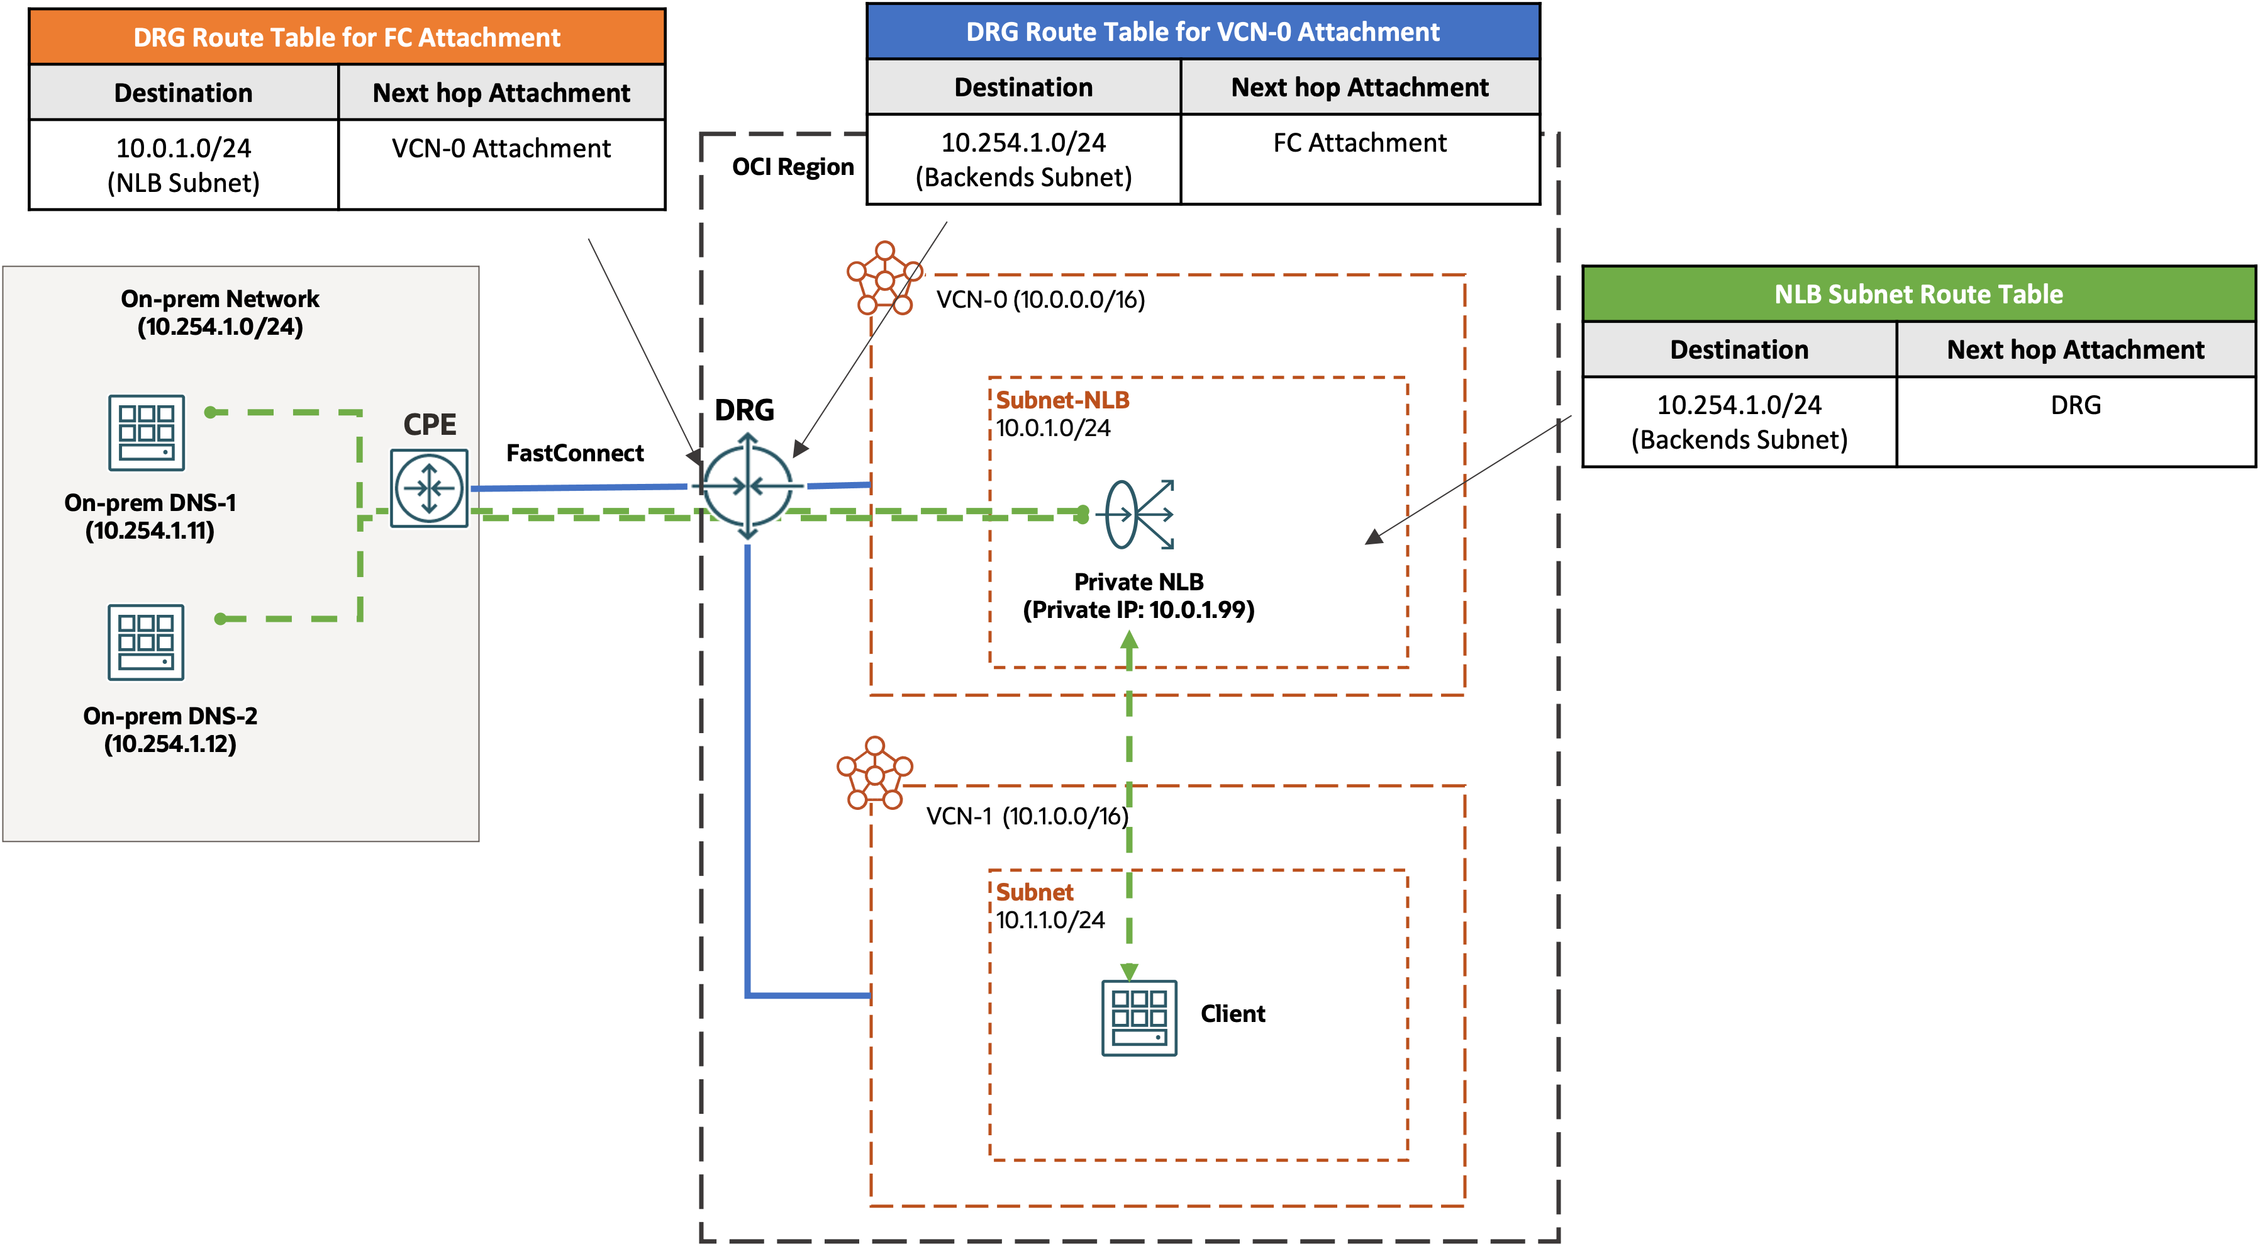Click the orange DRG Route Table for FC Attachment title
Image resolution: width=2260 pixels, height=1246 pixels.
(x=347, y=38)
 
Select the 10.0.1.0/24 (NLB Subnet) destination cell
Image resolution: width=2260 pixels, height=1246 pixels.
(x=184, y=165)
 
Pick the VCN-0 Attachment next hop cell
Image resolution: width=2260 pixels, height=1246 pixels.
(x=501, y=149)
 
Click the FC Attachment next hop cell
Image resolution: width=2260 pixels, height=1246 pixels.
(x=1359, y=143)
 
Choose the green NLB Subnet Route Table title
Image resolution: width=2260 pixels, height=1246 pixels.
(x=1918, y=294)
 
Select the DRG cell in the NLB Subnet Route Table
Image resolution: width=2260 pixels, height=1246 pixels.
(x=2075, y=405)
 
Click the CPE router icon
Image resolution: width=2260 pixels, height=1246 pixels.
(x=429, y=488)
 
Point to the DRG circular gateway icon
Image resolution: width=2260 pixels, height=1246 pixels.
(x=747, y=485)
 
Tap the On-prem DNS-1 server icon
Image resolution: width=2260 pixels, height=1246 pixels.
(x=147, y=432)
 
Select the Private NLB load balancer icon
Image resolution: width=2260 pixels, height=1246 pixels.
(x=1138, y=514)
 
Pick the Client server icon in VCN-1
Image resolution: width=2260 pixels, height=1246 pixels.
(x=1138, y=1018)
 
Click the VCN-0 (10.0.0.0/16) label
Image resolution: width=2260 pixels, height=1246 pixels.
(x=1040, y=300)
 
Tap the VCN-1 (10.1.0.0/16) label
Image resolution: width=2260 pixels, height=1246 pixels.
(x=1027, y=816)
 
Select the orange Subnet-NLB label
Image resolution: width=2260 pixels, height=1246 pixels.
(x=1062, y=400)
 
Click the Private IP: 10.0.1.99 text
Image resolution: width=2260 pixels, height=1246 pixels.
(x=1138, y=610)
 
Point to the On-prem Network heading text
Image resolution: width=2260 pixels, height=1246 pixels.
(x=220, y=299)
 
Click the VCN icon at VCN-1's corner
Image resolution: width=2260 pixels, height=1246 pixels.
(x=875, y=773)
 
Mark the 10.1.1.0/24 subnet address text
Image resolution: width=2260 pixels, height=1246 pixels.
(x=1050, y=921)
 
